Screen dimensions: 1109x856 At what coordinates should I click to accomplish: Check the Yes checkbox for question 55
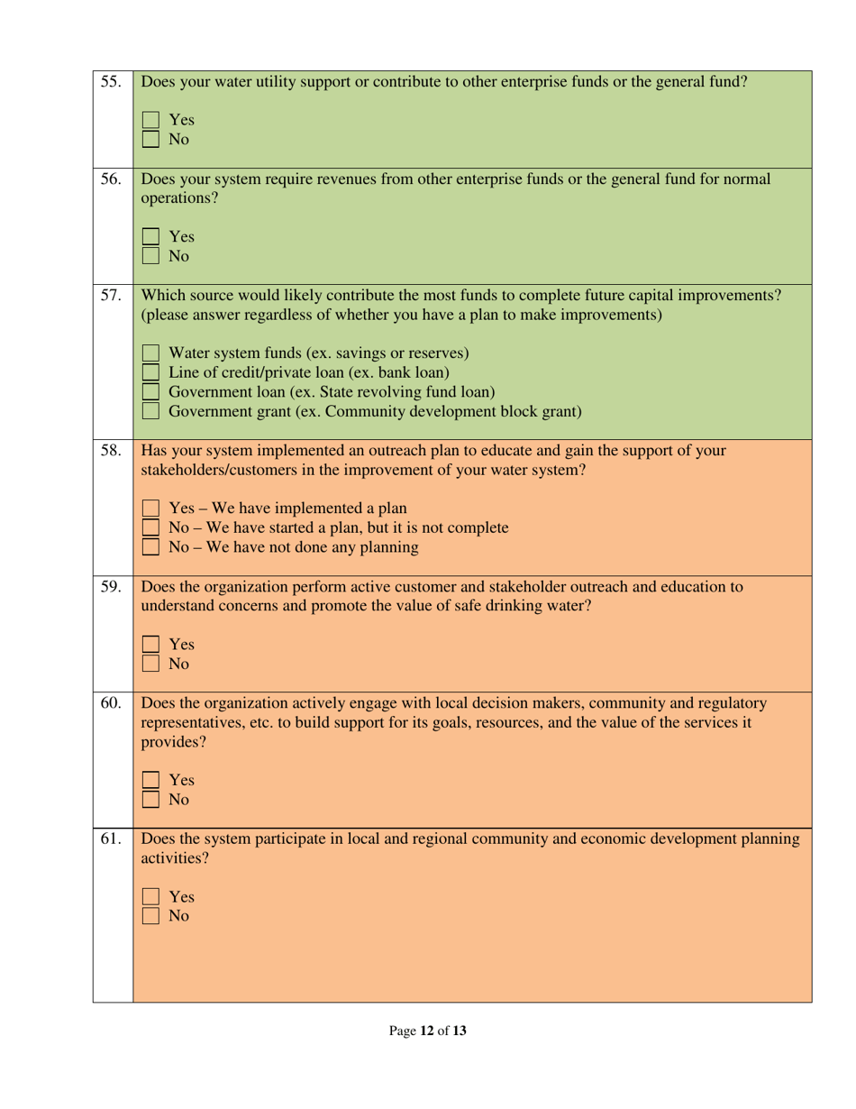pos(152,121)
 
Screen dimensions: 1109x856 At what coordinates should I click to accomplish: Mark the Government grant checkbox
pos(152,412)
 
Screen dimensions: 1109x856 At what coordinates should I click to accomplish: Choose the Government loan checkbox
pos(152,392)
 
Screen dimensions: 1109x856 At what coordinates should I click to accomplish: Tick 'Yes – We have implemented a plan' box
pos(152,509)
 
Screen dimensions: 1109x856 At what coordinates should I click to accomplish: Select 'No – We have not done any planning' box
pos(152,547)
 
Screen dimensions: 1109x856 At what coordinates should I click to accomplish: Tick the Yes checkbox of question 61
pos(152,898)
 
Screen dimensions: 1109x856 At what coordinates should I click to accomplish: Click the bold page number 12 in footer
pos(426,1031)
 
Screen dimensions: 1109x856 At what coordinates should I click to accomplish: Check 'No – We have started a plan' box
pos(152,528)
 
